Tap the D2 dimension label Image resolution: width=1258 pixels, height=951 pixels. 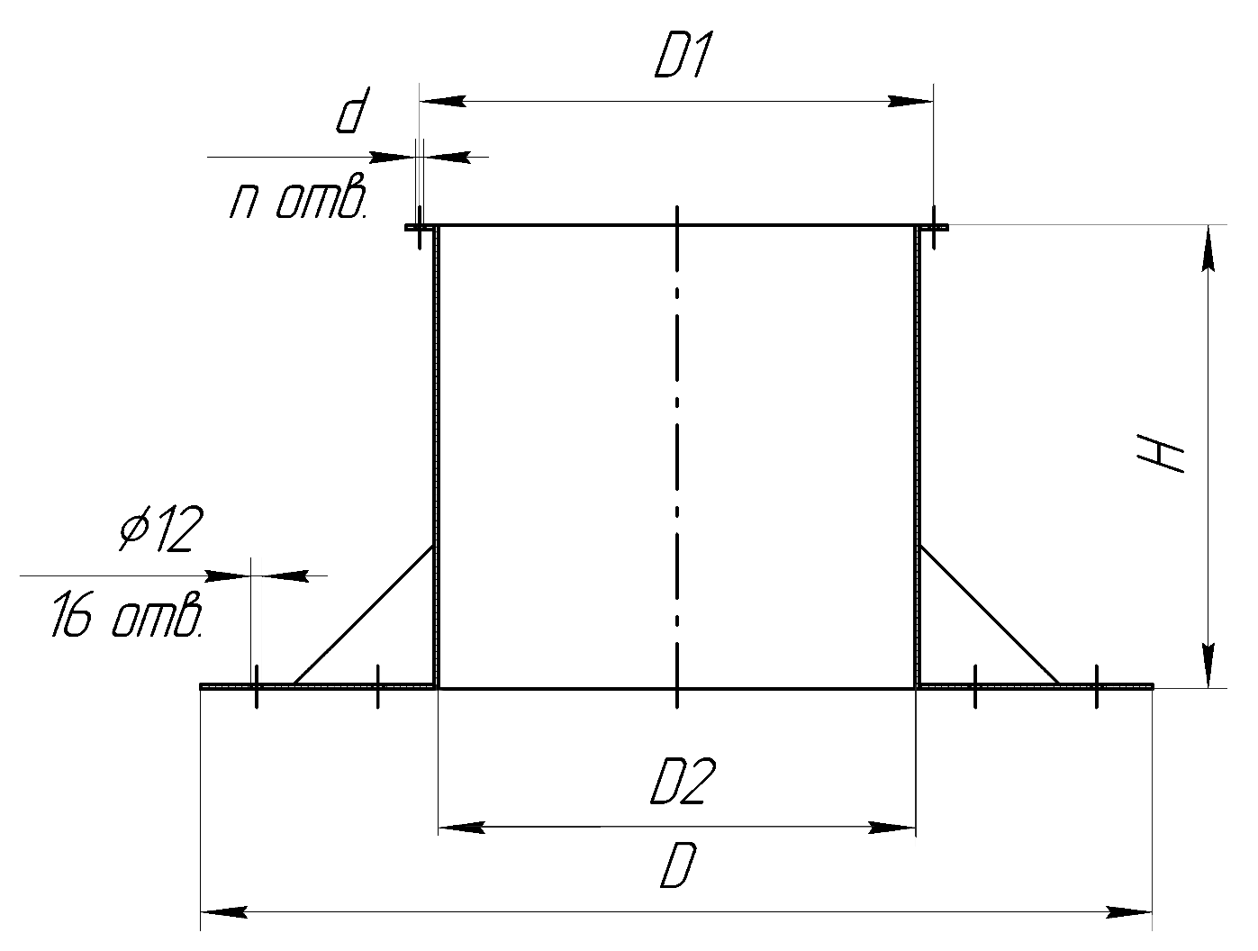[683, 781]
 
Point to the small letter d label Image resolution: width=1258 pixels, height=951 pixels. [352, 111]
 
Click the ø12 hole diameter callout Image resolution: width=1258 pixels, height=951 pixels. [161, 529]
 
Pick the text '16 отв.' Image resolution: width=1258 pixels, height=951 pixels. [127, 616]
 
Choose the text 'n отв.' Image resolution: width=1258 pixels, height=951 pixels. [298, 195]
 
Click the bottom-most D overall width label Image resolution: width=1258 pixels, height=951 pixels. [679, 865]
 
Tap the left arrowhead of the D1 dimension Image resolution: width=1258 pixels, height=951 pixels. [442, 102]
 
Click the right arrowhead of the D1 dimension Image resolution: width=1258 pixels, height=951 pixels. [910, 102]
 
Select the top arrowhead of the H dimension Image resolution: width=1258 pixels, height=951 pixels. [1208, 248]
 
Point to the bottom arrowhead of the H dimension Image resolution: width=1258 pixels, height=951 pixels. [1208, 666]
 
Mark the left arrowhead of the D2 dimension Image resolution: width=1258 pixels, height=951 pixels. [461, 828]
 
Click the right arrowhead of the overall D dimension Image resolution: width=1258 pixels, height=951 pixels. [1128, 912]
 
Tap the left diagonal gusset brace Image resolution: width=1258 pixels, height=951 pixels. [364, 615]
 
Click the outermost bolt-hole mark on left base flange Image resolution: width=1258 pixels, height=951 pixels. [256, 686]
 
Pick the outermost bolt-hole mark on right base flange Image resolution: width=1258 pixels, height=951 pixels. [1097, 686]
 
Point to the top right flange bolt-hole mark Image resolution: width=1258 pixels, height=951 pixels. [934, 228]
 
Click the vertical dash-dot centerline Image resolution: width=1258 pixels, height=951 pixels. [677, 457]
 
